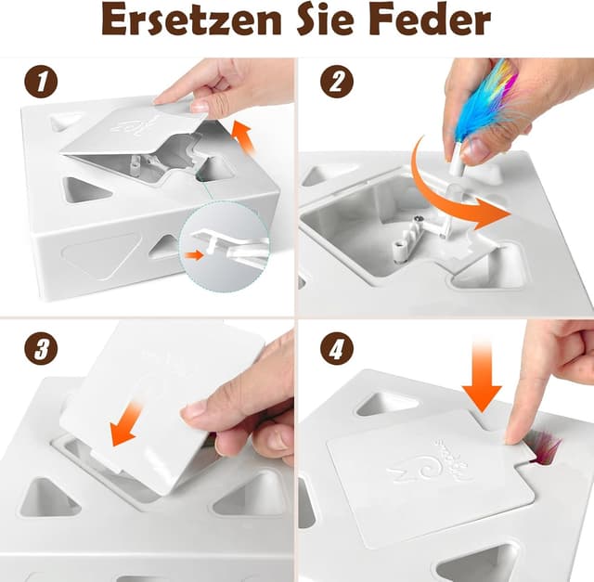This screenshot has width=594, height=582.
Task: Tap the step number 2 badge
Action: click(337, 83)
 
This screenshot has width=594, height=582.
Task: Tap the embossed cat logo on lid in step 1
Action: click(130, 123)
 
